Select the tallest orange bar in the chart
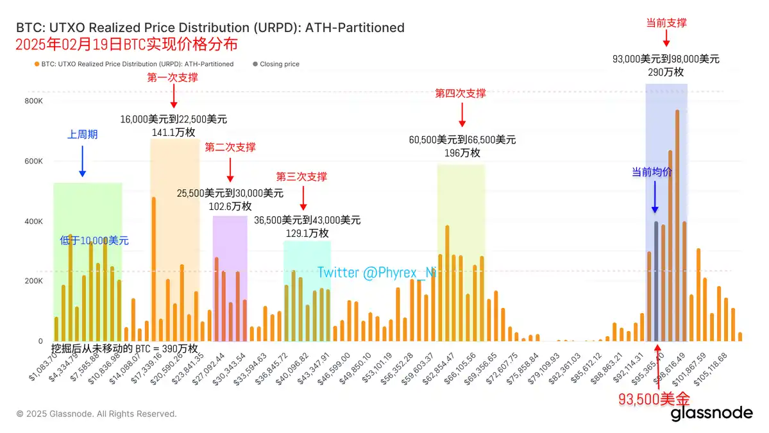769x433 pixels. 677,225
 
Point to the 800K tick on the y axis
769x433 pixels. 33,101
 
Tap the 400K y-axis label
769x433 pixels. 33,221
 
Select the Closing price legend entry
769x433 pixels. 276,64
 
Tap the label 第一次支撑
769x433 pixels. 173,78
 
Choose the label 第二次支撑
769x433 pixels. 230,147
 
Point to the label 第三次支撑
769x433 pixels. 301,176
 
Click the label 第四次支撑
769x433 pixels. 461,93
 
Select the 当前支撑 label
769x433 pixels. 666,22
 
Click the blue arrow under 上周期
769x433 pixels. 82,160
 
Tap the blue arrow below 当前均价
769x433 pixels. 654,196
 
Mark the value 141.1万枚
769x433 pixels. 173,132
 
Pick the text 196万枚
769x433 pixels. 462,153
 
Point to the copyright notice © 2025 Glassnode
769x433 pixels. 96,414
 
